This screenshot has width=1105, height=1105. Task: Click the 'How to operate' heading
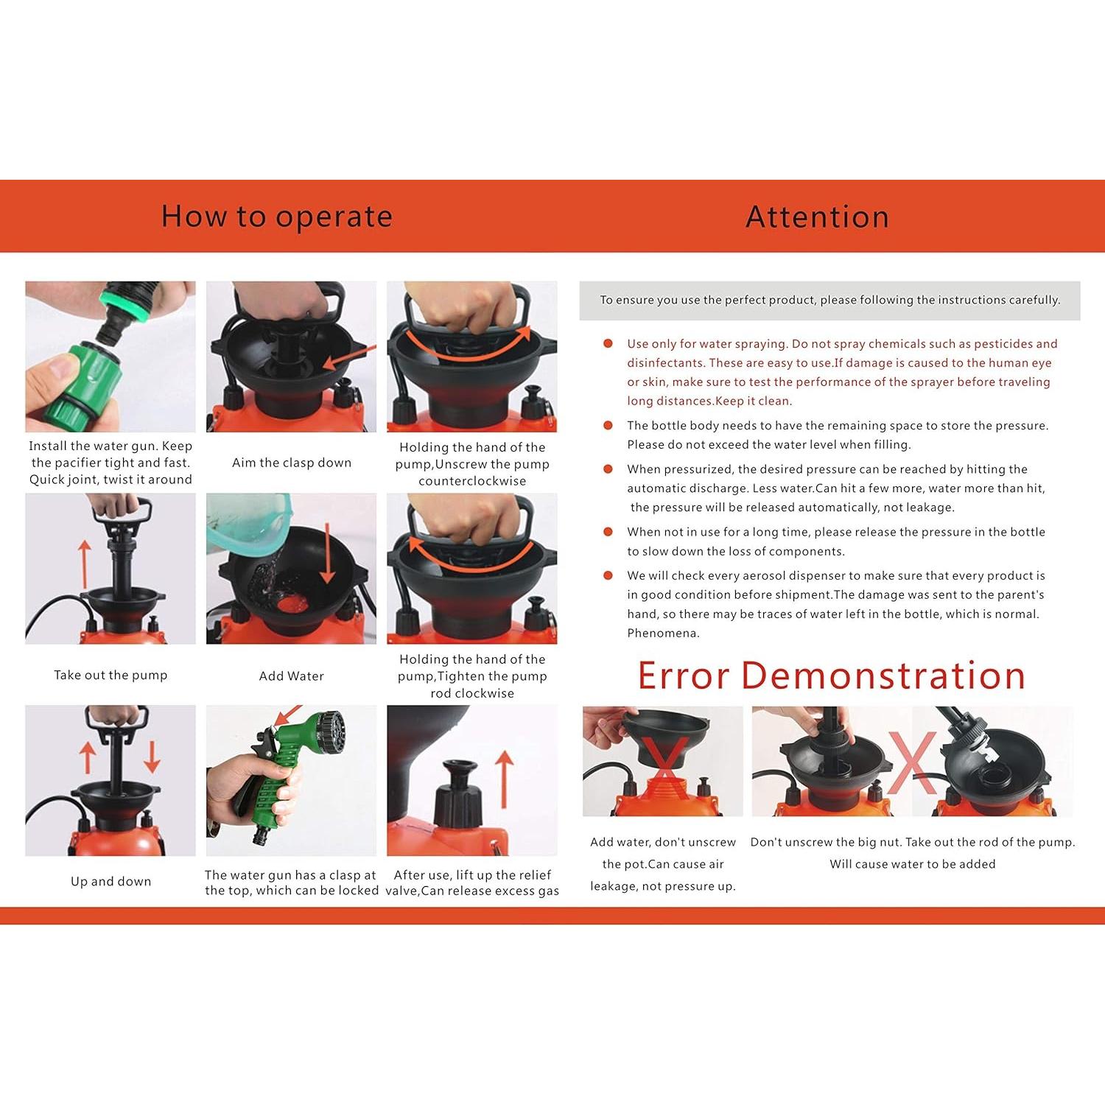[x=277, y=217]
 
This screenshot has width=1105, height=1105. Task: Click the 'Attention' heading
[x=817, y=217]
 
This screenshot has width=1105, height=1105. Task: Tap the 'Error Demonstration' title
[x=832, y=676]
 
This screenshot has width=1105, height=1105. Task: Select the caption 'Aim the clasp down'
[x=292, y=463]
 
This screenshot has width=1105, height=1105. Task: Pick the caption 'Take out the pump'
[x=110, y=675]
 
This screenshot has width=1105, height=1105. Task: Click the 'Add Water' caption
[x=291, y=676]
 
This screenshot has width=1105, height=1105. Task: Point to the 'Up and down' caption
[x=110, y=881]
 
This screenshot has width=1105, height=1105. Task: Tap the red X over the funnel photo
[x=667, y=766]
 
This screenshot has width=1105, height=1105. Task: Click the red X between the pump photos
[x=912, y=762]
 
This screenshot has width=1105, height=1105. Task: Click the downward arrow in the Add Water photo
[x=328, y=553]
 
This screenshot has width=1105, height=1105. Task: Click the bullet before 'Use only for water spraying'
[x=608, y=343]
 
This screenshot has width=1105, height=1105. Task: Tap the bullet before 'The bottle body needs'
[x=608, y=425]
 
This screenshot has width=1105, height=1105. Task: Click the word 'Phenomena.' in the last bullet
[x=663, y=633]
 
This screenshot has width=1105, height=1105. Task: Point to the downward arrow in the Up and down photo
[x=152, y=757]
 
